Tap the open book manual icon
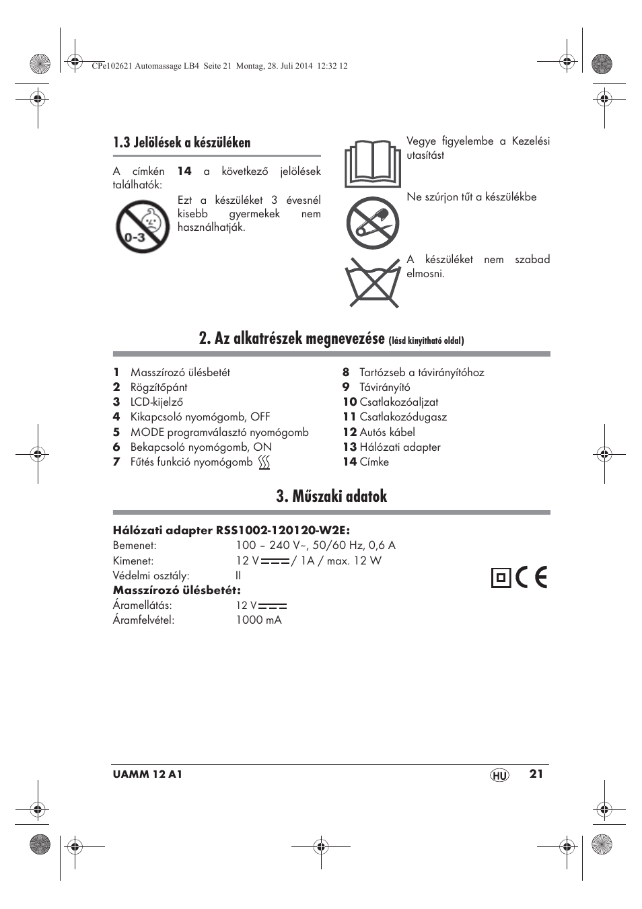pyautogui.click(x=372, y=164)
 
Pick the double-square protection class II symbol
pyautogui.click(x=500, y=577)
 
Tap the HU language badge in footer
pyautogui.click(x=499, y=775)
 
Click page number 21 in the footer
pyautogui.click(x=535, y=774)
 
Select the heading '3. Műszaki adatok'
pyautogui.click(x=331, y=497)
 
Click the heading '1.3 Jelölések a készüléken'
pyautogui.click(x=182, y=143)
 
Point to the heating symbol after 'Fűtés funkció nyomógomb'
pyautogui.click(x=264, y=462)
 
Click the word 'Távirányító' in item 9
pyautogui.click(x=384, y=387)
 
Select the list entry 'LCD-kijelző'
pyautogui.click(x=157, y=402)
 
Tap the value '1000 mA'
pyautogui.click(x=258, y=620)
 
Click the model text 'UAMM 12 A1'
pyautogui.click(x=147, y=774)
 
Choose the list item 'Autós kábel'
pyautogui.click(x=387, y=432)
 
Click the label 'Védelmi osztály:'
pyautogui.click(x=151, y=575)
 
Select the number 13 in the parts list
pyautogui.click(x=349, y=447)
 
